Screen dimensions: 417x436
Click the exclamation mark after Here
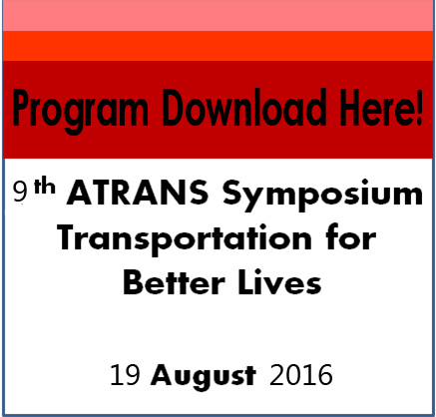point(417,107)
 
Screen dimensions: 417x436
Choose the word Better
point(173,283)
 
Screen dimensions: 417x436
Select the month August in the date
point(206,378)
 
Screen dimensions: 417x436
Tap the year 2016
point(301,376)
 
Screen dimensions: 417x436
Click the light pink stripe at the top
point(218,15)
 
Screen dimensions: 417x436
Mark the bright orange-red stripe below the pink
point(218,46)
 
